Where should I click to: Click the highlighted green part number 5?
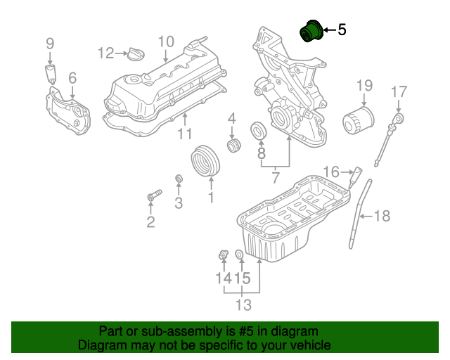pyautogui.click(x=310, y=32)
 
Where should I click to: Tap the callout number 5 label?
pyautogui.click(x=342, y=30)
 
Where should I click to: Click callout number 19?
pyautogui.click(x=364, y=86)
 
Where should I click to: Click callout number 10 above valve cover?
pyautogui.click(x=165, y=41)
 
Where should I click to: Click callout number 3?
pyautogui.click(x=179, y=203)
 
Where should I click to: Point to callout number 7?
pyautogui.click(x=275, y=179)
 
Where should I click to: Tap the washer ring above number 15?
pyautogui.click(x=239, y=254)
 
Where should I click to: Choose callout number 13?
pyautogui.click(x=243, y=304)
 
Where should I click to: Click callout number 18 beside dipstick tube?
pyautogui.click(x=380, y=216)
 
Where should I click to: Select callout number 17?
pyautogui.click(x=399, y=91)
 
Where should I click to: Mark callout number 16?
pyautogui.click(x=331, y=171)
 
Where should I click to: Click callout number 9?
pyautogui.click(x=50, y=44)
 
